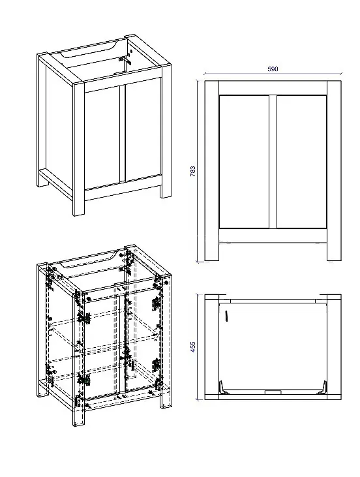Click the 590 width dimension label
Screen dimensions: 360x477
tap(273, 69)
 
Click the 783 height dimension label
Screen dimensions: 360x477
tap(193, 171)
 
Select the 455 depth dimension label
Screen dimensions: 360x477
tap(193, 346)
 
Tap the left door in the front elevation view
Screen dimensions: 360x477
tap(244, 162)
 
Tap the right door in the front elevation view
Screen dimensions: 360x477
tap(301, 162)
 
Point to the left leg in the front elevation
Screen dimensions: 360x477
tap(211, 171)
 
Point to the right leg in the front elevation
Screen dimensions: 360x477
tap(334, 171)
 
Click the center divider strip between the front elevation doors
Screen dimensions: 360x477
tap(273, 162)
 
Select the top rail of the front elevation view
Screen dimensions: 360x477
tap(273, 88)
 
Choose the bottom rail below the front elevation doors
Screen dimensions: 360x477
tap(273, 236)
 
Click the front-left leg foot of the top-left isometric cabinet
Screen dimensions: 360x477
tap(78, 208)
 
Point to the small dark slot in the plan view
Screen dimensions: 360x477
tap(226, 316)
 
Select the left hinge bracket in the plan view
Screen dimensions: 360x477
tap(224, 388)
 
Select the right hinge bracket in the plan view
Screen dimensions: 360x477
tap(322, 388)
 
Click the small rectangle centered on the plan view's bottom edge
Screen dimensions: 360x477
tap(273, 392)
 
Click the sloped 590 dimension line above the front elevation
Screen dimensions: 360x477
tap(273, 74)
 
